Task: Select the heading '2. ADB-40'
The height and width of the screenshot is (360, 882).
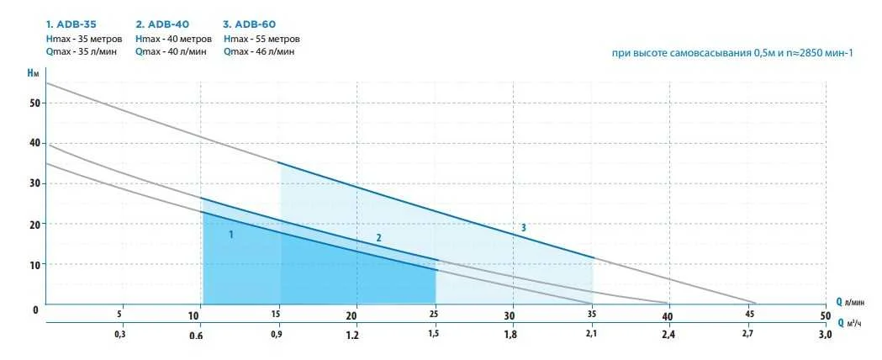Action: pyautogui.click(x=162, y=24)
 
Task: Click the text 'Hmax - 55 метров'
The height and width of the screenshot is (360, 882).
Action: pyautogui.click(x=261, y=39)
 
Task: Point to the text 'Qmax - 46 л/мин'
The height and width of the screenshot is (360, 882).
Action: pyautogui.click(x=259, y=52)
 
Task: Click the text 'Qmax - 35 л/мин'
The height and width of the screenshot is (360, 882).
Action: pyautogui.click(x=82, y=52)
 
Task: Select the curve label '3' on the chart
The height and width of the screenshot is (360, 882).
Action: pyautogui.click(x=523, y=228)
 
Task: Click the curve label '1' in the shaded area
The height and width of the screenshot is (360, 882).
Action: pyautogui.click(x=230, y=236)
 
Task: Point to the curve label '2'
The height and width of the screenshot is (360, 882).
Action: pyautogui.click(x=378, y=238)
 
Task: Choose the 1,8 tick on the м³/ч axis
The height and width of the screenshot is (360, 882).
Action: pyautogui.click(x=510, y=335)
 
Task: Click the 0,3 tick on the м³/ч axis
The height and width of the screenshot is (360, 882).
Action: pyautogui.click(x=120, y=335)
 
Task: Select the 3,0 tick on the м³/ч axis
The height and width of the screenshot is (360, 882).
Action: pyautogui.click(x=824, y=335)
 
